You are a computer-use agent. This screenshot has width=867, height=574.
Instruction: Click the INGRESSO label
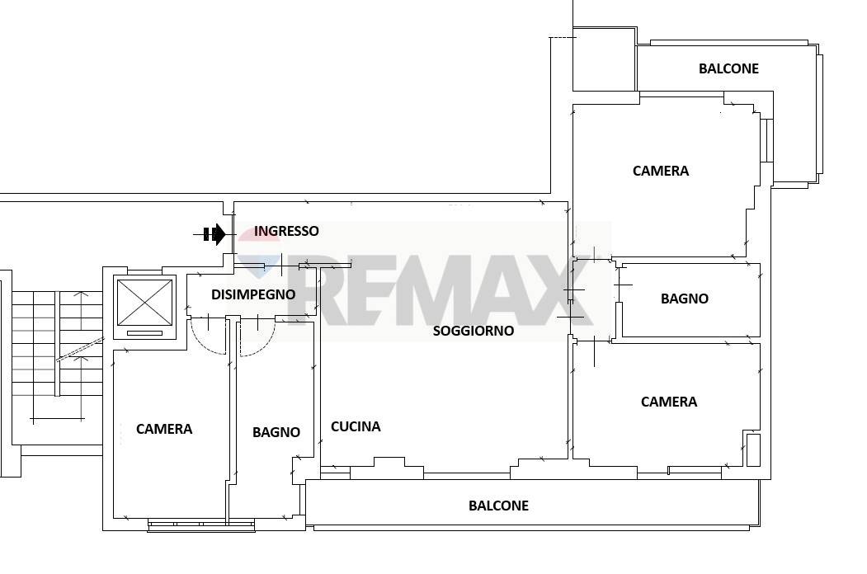coord(286,231)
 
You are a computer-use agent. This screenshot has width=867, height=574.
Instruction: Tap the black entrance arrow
coord(214,234)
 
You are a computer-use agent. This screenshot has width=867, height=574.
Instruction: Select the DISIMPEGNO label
coord(253,294)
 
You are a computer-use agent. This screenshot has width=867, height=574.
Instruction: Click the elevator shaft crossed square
coord(145,303)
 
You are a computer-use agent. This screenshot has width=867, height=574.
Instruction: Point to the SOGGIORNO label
coord(474,331)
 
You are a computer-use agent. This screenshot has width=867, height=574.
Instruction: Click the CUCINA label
coord(356,426)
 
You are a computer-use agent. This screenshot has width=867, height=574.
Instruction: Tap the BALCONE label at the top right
coord(728,68)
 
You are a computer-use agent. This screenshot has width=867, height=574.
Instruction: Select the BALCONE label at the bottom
coord(498,506)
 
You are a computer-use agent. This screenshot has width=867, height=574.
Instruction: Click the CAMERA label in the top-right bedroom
coord(661,171)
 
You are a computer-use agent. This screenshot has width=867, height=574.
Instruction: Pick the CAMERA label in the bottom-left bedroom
coord(164,429)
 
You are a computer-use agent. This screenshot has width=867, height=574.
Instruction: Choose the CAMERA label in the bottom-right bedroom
coord(669,402)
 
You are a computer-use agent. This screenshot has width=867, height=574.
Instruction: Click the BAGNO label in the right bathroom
coord(685,299)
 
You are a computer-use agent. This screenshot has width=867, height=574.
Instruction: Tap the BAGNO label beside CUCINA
coord(276,432)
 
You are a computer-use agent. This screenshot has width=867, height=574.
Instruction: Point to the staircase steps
coord(58,344)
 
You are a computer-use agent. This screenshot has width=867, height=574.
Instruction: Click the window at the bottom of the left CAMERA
coord(201,525)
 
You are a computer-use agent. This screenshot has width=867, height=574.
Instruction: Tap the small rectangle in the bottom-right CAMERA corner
coord(753,450)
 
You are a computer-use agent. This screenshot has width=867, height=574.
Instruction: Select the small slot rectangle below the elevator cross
coord(145,333)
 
